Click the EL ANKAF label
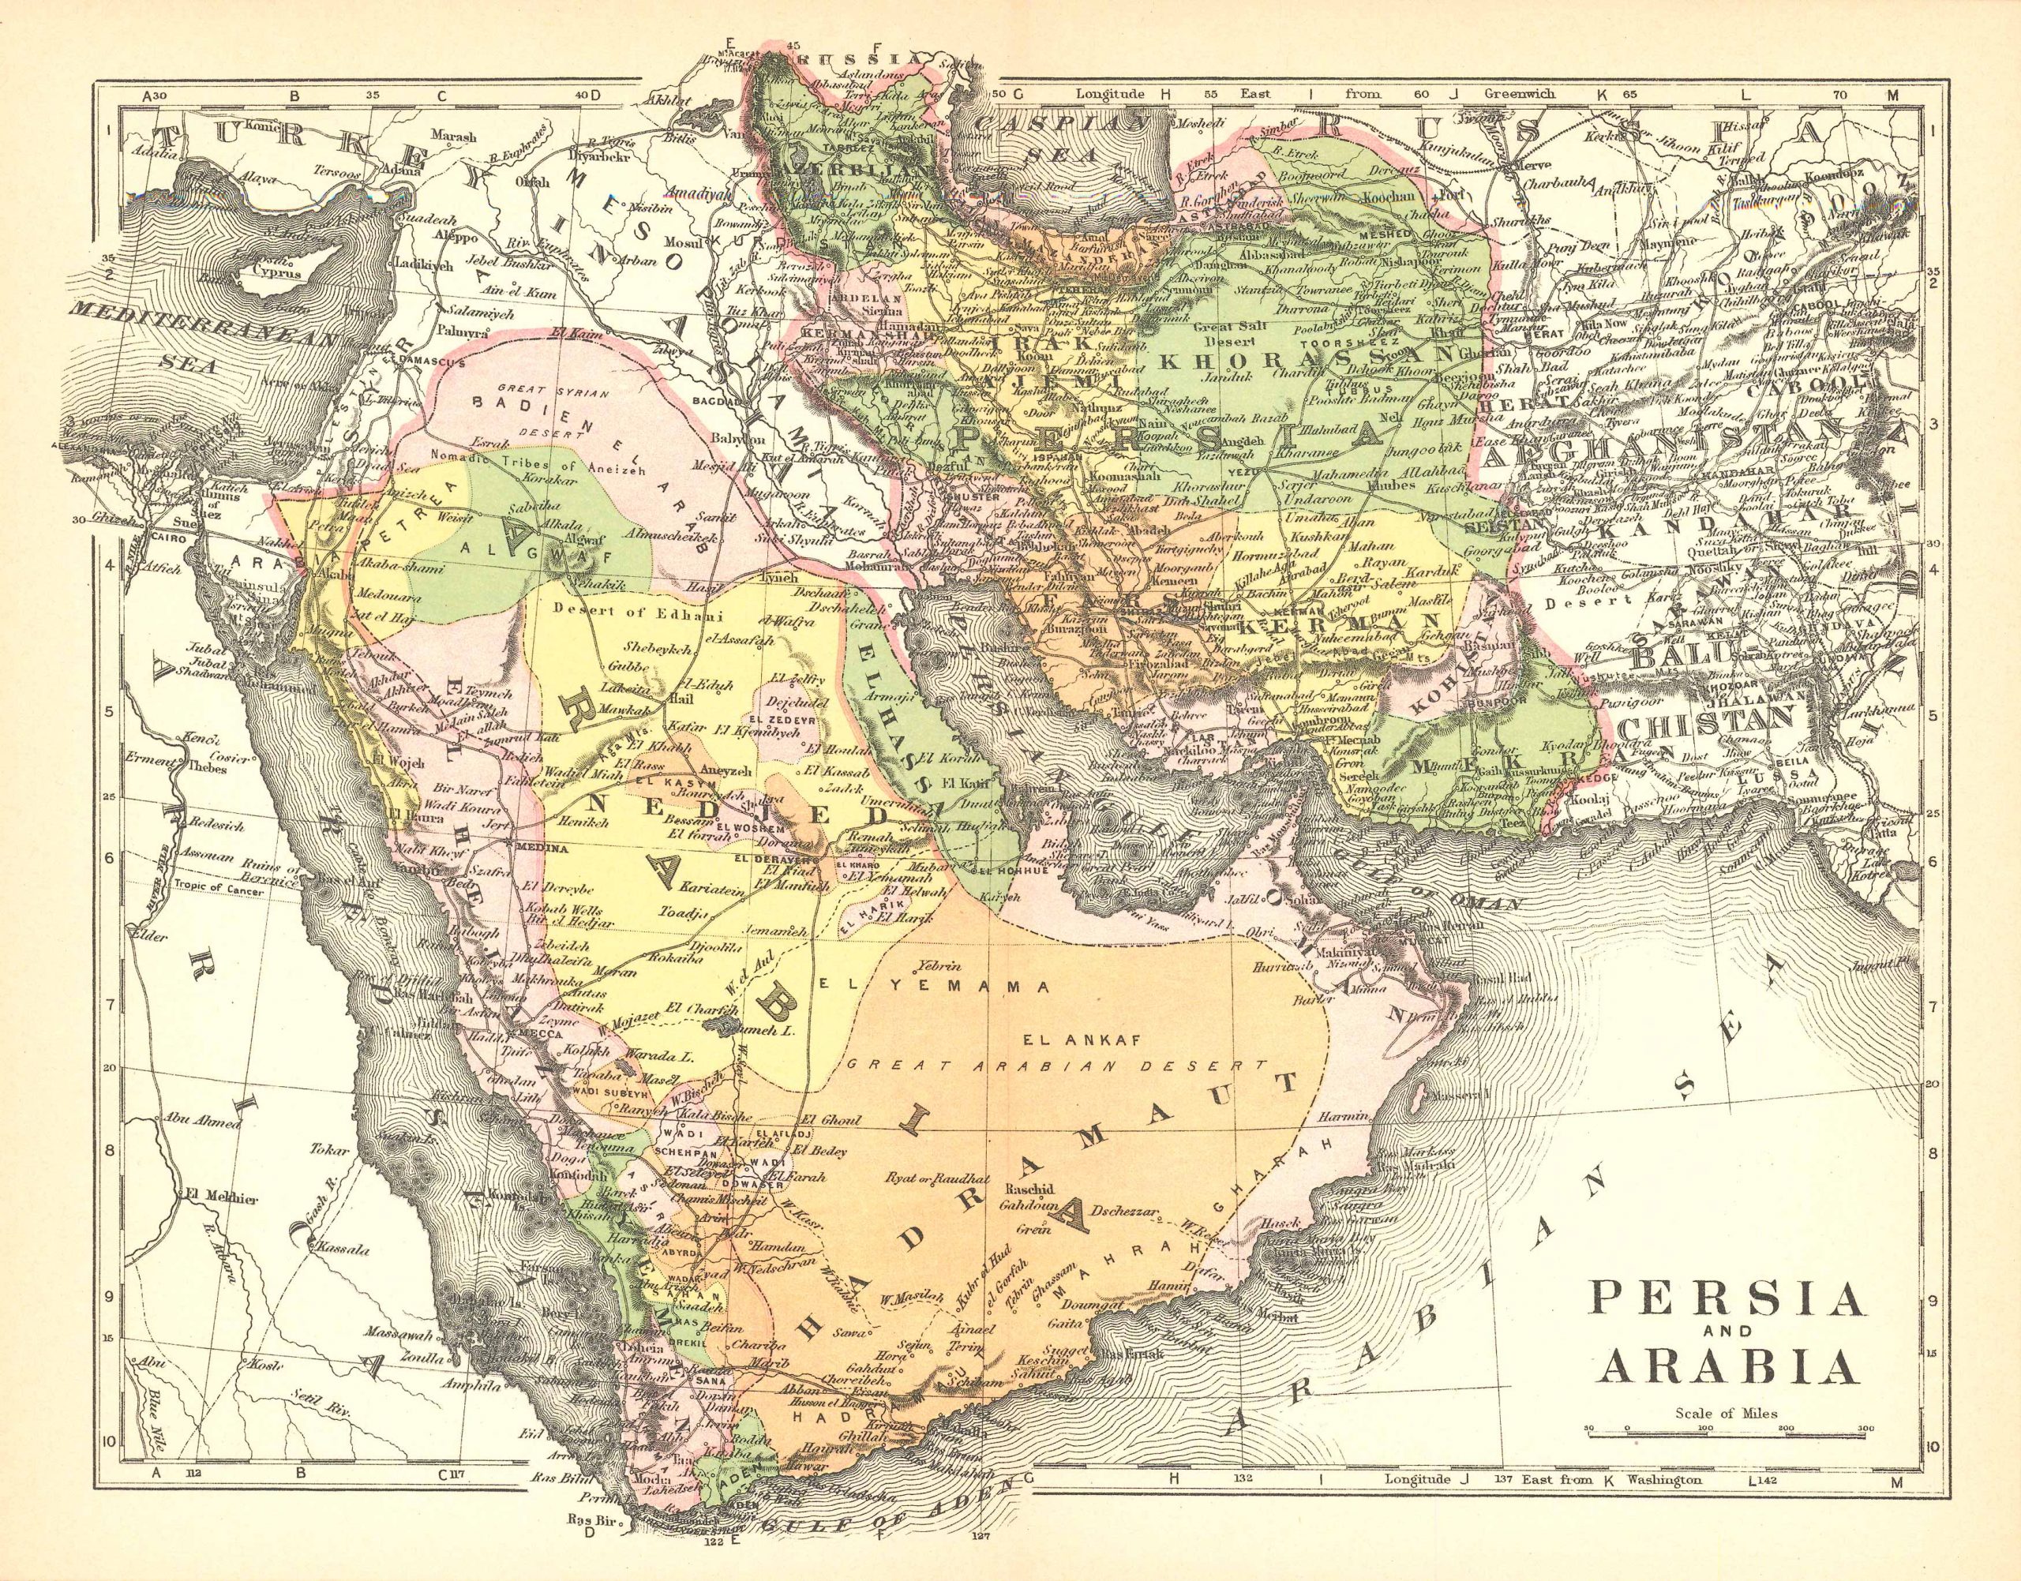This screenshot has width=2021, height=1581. pos(1045,1040)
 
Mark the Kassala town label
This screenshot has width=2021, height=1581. pos(343,1248)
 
